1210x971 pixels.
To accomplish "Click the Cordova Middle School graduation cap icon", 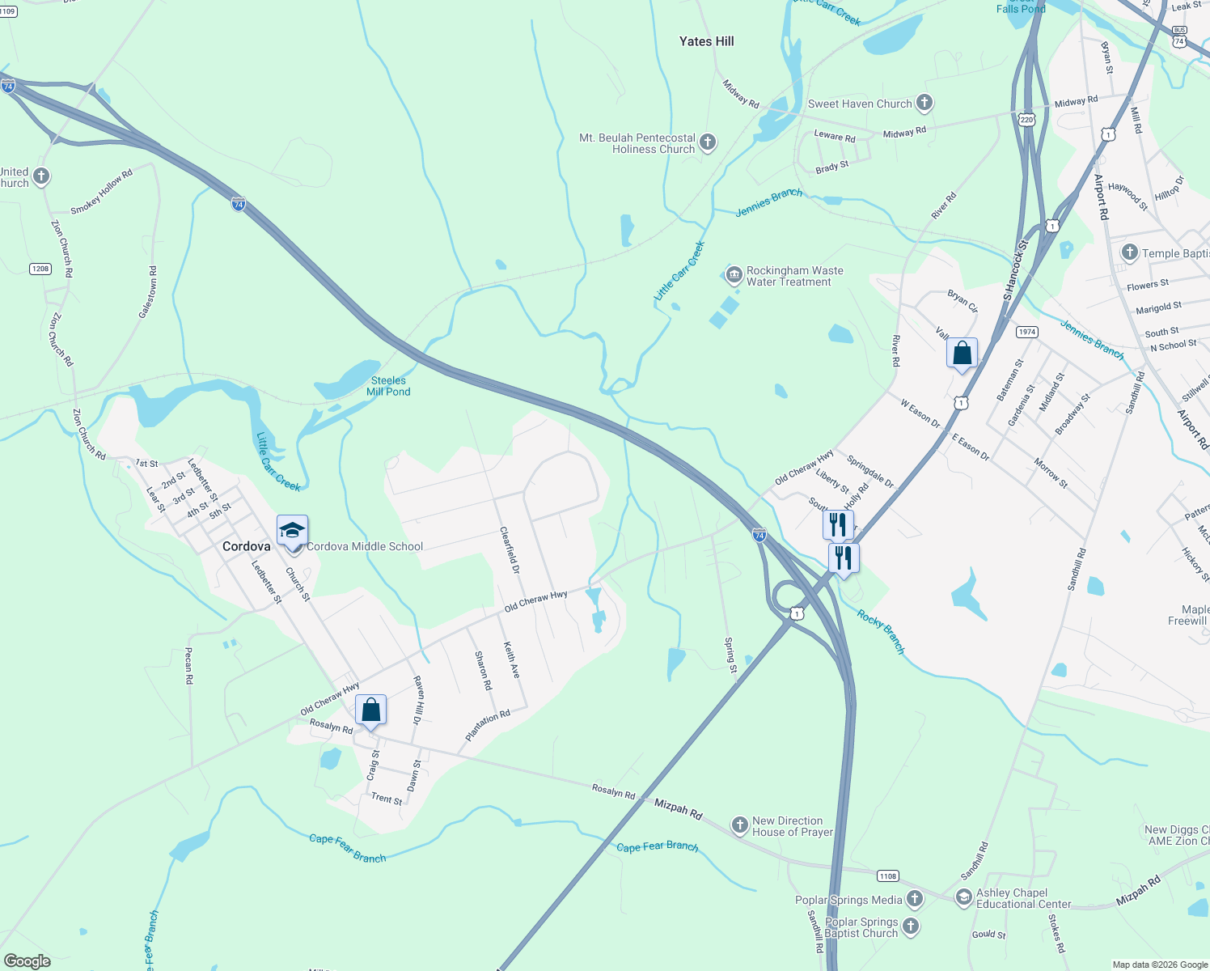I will tap(292, 531).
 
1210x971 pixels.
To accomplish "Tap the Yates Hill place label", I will tap(706, 41).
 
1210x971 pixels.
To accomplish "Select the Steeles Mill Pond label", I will tap(388, 386).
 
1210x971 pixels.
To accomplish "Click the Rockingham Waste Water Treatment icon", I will tap(734, 276).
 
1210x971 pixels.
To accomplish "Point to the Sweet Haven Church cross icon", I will tap(924, 104).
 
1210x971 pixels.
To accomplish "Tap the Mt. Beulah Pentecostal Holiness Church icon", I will tap(707, 143).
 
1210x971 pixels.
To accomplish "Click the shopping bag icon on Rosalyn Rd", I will tap(370, 710).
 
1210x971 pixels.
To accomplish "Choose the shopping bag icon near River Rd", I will tap(962, 354).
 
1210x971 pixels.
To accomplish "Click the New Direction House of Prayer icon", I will tap(739, 825).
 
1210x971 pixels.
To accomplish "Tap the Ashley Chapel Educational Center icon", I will tap(963, 897).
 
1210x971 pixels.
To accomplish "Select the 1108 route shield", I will tap(888, 876).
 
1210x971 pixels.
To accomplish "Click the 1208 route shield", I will tap(40, 269).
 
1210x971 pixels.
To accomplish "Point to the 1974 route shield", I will tap(1027, 332).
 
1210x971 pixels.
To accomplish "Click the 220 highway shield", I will tap(1026, 120).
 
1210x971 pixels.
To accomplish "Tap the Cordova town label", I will tap(246, 547).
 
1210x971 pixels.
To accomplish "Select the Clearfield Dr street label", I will tap(510, 550).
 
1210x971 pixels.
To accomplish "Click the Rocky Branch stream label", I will tap(881, 632).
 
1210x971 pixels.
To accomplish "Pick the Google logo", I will tap(27, 961).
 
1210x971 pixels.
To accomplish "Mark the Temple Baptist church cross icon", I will tap(1130, 252).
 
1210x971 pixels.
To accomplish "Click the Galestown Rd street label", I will tap(149, 292).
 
